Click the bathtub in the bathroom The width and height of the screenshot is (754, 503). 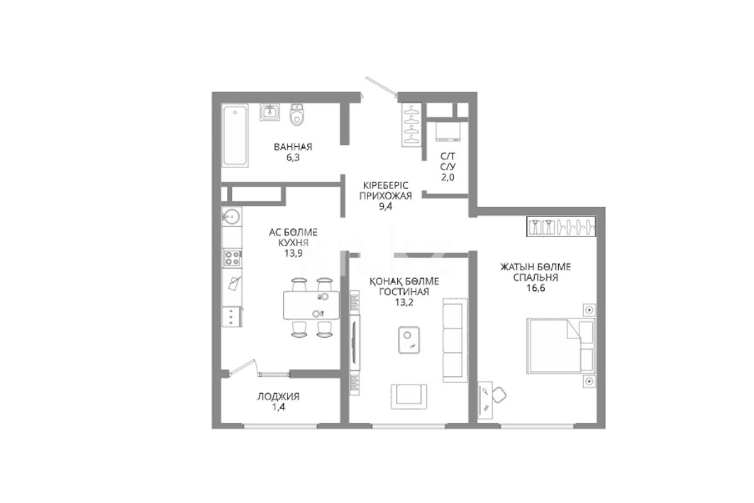point(235,137)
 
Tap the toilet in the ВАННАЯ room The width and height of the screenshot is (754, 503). point(298,115)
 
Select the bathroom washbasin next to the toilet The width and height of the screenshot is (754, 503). point(270,113)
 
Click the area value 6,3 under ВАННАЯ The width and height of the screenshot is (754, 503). point(293,157)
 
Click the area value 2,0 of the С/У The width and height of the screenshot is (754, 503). point(448,177)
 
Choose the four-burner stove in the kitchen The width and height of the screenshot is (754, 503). point(232,258)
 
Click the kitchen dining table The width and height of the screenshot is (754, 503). point(311,305)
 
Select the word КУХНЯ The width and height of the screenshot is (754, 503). point(293,243)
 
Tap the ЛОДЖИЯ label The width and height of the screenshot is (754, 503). point(278,397)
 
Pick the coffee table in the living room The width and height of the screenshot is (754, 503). point(410,340)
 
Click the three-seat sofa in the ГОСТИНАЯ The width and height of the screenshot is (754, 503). point(455,340)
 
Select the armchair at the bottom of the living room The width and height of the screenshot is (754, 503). point(409,397)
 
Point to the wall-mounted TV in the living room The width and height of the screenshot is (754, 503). point(354,343)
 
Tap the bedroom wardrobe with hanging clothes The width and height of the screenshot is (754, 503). point(562,226)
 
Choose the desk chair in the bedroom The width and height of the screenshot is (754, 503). point(499,394)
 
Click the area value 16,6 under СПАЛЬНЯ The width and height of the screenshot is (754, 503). point(536,288)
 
